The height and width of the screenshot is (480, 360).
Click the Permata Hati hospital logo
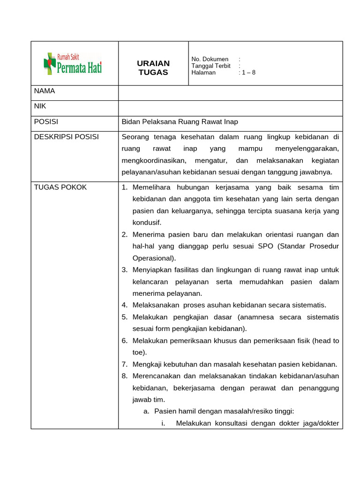[x=73, y=63]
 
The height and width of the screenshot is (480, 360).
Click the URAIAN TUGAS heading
[x=153, y=68]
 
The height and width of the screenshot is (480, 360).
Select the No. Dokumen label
[x=210, y=59]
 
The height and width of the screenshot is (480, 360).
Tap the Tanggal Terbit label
[x=211, y=66]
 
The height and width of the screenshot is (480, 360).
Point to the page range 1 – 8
[x=248, y=73]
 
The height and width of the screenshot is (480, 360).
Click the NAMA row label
[x=45, y=91]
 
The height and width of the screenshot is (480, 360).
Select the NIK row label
[x=40, y=106]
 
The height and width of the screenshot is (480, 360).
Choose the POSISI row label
[x=46, y=122]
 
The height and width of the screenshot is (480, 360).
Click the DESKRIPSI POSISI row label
[x=66, y=137]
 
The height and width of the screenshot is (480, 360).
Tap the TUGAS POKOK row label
[x=60, y=187]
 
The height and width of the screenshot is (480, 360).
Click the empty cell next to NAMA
[x=230, y=93]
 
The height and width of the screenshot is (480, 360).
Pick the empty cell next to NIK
[x=230, y=108]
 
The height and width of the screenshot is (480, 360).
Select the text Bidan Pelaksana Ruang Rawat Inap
[x=180, y=122]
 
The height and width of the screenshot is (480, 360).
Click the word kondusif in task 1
[x=147, y=223]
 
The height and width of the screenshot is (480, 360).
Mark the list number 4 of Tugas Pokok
[x=125, y=305]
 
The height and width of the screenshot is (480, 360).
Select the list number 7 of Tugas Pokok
[x=125, y=364]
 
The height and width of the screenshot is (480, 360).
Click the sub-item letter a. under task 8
[x=146, y=412]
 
